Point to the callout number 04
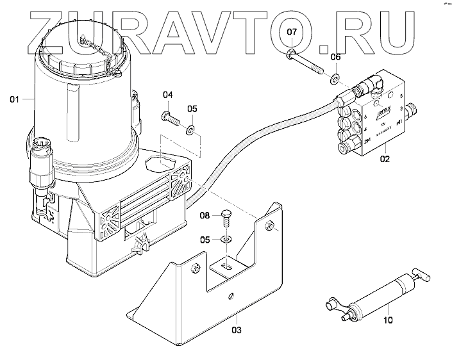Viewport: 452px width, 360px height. tap(167, 95)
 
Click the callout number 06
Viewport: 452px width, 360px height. tap(335, 58)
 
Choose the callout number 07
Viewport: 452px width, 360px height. tap(292, 31)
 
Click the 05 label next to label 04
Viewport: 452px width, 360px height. tap(192, 109)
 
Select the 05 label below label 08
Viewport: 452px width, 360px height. tap(205, 241)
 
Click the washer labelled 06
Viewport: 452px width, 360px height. tap(334, 79)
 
